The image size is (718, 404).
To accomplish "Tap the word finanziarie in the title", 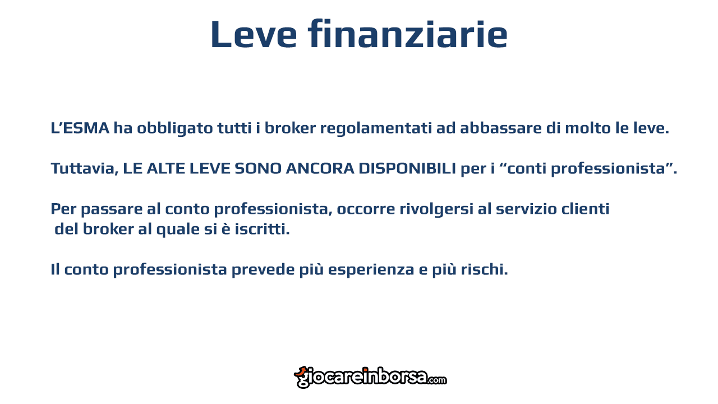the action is coord(408,33).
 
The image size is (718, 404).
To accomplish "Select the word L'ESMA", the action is coord(80,128).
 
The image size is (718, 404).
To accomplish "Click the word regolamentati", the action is coord(376,128).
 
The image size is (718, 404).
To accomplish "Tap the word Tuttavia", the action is coord(85,169).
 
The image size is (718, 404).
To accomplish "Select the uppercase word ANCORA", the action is coord(320,168).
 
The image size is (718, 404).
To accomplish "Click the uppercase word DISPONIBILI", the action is coord(407,168).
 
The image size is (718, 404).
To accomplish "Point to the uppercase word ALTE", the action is coord(165,168).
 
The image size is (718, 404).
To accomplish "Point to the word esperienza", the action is coord(371,270).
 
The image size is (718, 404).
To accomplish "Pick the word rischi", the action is coord(484,269).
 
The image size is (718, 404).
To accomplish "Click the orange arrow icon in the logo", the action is coord(301,372).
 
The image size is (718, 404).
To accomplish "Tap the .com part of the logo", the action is coord(436,380).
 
